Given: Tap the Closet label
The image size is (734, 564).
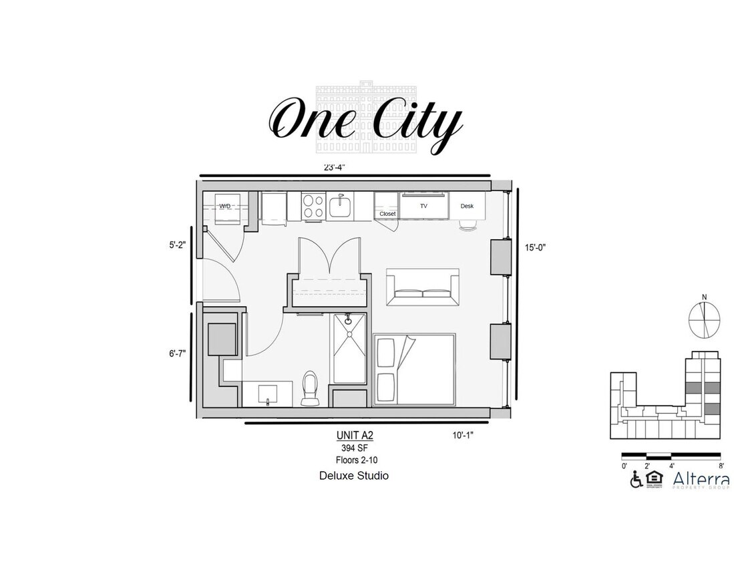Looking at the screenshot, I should [387, 214].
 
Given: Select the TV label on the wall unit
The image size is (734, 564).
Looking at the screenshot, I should [423, 206].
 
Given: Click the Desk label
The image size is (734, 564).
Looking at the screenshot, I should [467, 206].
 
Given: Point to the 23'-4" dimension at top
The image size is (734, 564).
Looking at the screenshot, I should [335, 167].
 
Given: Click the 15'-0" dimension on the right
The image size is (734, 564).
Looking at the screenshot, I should [535, 247].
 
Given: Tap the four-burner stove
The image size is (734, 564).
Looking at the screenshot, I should [313, 205].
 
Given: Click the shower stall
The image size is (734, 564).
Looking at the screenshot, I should [350, 348].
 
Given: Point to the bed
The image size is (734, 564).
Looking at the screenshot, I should [414, 369].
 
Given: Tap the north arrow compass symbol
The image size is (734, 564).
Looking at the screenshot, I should [704, 318].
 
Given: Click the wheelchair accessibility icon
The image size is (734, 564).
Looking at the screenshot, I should [636, 479].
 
